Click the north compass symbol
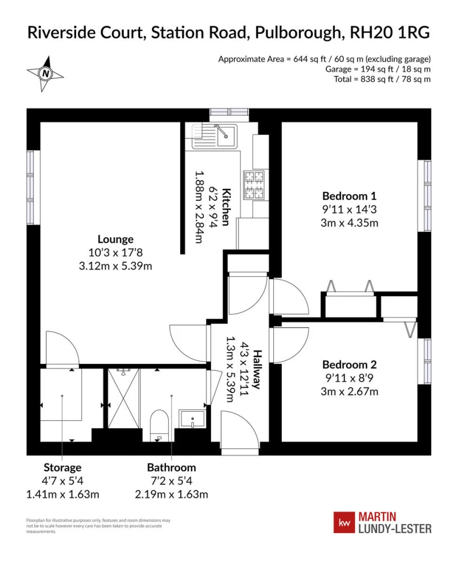coord(45,74)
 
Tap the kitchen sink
coord(215,136)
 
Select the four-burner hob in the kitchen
coord(255,185)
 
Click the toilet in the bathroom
coord(159,425)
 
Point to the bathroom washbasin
coord(193,418)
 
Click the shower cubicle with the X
coord(124,398)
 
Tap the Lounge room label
coord(116,239)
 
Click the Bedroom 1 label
coord(349,196)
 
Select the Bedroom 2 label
coord(349,365)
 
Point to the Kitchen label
coord(226,206)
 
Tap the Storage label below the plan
coord(63,468)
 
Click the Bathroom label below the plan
coord(172,468)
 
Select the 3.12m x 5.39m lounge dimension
coord(116,266)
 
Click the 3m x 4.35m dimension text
coord(349,223)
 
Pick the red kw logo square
coord(344,523)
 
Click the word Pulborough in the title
coord(298,33)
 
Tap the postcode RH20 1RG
coord(390,32)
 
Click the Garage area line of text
coord(378,69)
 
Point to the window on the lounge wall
coord(30,187)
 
